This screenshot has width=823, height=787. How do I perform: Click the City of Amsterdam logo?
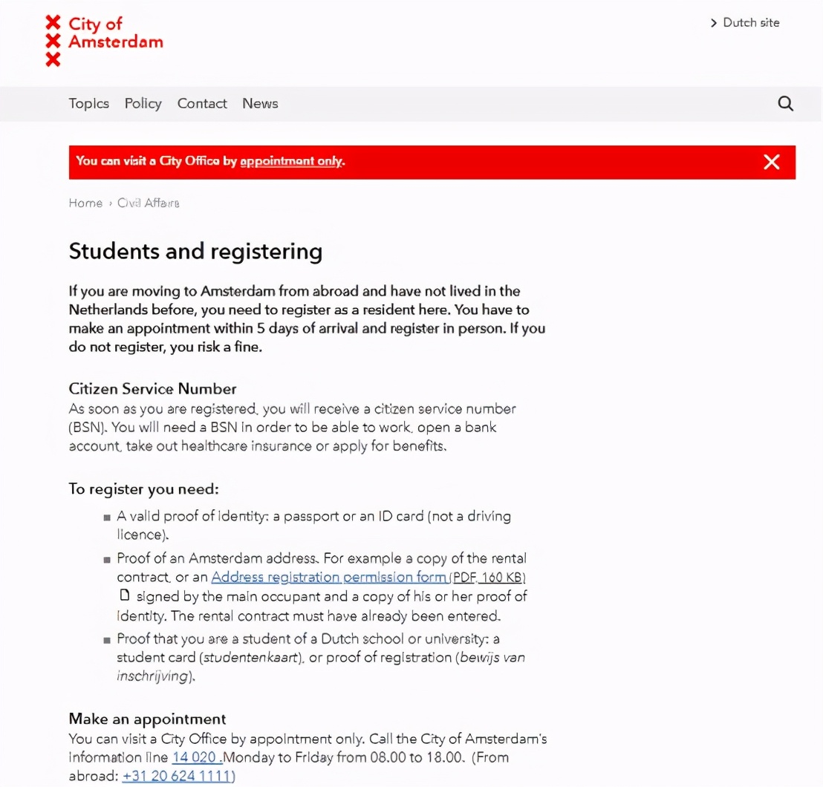pyautogui.click(x=104, y=41)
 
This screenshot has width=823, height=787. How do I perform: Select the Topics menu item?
pyautogui.click(x=89, y=104)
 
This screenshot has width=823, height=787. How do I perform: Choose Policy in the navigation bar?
pyautogui.click(x=143, y=104)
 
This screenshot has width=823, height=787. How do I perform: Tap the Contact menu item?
pyautogui.click(x=202, y=104)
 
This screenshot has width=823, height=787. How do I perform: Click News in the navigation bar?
pyautogui.click(x=260, y=104)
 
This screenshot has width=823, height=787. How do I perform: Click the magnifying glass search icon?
pyautogui.click(x=785, y=104)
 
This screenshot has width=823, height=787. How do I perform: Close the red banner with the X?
pyautogui.click(x=772, y=162)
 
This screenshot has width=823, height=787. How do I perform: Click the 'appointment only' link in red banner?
pyautogui.click(x=291, y=161)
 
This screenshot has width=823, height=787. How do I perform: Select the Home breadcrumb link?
pyautogui.click(x=85, y=203)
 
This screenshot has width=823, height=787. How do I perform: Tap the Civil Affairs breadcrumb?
pyautogui.click(x=149, y=203)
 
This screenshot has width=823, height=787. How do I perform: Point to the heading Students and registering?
pyautogui.click(x=195, y=252)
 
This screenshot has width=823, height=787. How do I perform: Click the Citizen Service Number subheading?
pyautogui.click(x=152, y=389)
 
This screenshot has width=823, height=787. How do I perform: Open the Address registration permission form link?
pyautogui.click(x=329, y=577)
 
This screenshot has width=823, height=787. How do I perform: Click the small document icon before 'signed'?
pyautogui.click(x=125, y=595)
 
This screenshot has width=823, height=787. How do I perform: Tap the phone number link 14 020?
pyautogui.click(x=196, y=758)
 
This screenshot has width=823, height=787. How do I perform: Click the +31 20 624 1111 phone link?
pyautogui.click(x=178, y=777)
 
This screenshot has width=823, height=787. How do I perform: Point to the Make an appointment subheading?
pyautogui.click(x=147, y=719)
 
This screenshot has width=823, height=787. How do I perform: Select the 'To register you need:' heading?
pyautogui.click(x=143, y=489)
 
